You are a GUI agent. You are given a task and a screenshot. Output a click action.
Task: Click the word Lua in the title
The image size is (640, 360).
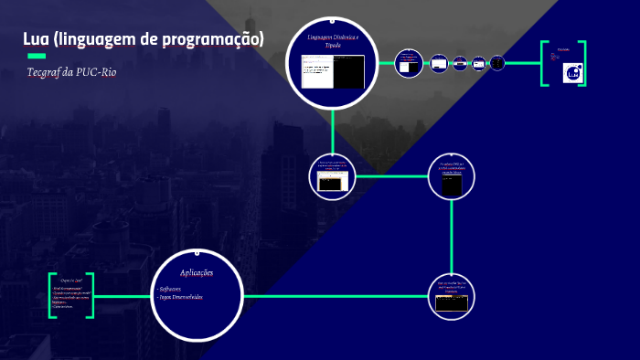pyautogui.click(x=36, y=39)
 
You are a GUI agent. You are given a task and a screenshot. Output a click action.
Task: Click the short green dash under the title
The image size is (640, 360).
pyautogui.click(x=37, y=57)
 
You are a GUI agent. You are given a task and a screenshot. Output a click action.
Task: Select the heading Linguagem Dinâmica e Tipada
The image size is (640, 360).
pyautogui.click(x=333, y=41)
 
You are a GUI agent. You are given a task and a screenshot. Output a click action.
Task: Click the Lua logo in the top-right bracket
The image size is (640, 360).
pyautogui.click(x=572, y=73)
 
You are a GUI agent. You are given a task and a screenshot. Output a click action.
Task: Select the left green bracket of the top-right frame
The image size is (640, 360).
pyautogui.click(x=544, y=63)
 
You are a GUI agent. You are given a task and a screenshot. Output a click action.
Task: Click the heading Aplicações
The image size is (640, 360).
pyautogui.click(x=197, y=272)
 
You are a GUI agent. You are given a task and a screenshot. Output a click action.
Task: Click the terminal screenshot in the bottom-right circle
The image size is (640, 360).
pyautogui.click(x=452, y=302)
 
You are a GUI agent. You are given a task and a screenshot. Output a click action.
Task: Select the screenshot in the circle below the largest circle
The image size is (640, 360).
pyautogui.click(x=330, y=180)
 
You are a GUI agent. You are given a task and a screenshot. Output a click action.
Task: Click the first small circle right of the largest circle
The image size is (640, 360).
pyautogui.click(x=408, y=64)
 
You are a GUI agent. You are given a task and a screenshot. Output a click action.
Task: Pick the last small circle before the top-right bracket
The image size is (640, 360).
pyautogui.click(x=497, y=63)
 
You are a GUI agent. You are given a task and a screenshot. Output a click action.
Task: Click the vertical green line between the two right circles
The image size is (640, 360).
pyautogui.click(x=452, y=237)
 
